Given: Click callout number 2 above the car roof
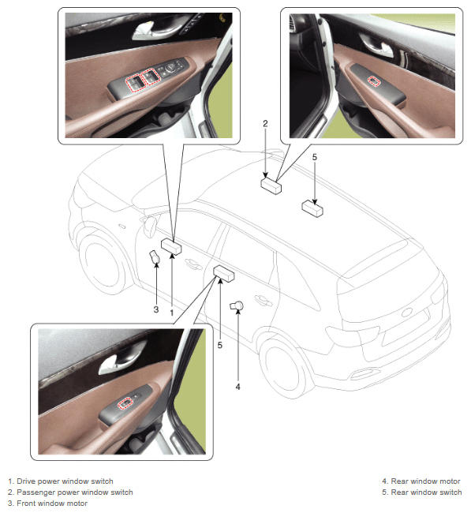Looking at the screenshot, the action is (265, 123).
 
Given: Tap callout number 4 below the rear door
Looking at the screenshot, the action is (237, 387).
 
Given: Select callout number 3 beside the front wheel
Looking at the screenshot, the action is (156, 309).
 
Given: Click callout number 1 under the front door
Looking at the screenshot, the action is (172, 313).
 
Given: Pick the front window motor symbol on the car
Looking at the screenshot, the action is (155, 256).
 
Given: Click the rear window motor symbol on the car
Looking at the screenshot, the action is (237, 305).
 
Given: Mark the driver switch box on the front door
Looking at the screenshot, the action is (171, 246).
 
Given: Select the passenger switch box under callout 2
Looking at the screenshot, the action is (271, 185).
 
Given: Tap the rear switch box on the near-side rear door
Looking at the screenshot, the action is (224, 274).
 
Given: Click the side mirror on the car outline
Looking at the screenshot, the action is (150, 226).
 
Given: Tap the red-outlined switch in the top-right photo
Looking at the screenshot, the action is (374, 81).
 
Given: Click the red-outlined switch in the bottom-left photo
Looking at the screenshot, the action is (125, 403).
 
